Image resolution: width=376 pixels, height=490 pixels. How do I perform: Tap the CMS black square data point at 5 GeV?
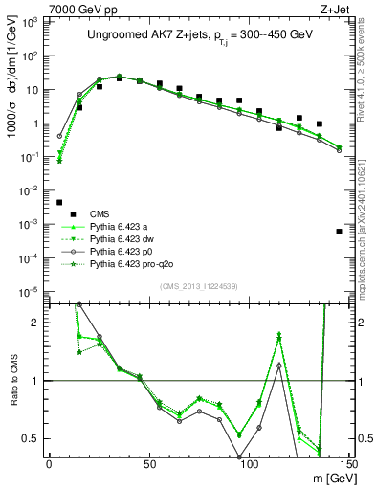coord(59,203)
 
